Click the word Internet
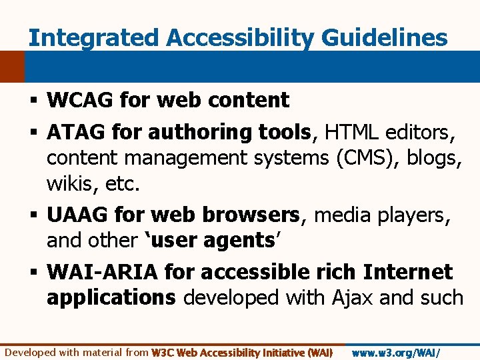pos(408,272)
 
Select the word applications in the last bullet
pos(111,297)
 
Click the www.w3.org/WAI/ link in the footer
pos(396,352)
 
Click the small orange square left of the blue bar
pos(11,67)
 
